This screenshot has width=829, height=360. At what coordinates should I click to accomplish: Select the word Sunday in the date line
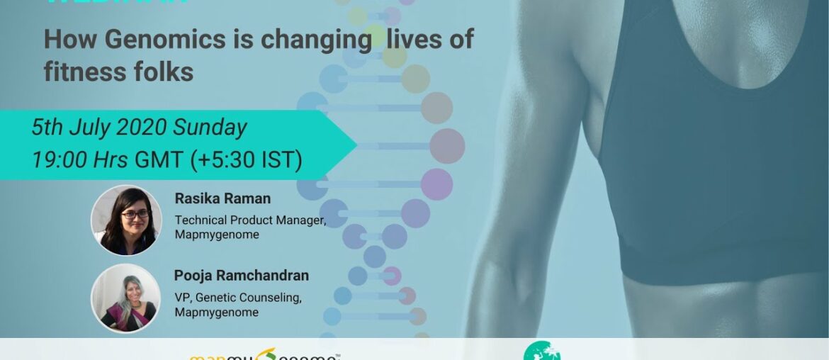[x=210, y=128]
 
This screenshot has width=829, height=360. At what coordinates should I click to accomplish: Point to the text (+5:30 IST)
[x=246, y=160]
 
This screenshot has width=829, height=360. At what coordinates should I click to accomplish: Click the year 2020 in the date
[x=142, y=128]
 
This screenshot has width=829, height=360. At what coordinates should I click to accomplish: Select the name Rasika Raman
[x=222, y=199]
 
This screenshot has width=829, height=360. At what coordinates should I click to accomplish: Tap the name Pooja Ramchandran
[x=242, y=276]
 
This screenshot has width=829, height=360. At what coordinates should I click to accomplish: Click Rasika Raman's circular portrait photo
[x=126, y=220]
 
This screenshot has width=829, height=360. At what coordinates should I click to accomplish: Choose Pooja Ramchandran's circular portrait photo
[x=126, y=298]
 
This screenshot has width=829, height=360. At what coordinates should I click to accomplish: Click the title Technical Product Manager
[x=250, y=220]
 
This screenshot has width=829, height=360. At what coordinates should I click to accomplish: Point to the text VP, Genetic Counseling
[x=238, y=298]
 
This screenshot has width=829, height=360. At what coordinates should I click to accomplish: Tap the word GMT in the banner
[x=159, y=160]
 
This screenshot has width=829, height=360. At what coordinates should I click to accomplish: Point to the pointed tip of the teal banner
[x=356, y=145]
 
